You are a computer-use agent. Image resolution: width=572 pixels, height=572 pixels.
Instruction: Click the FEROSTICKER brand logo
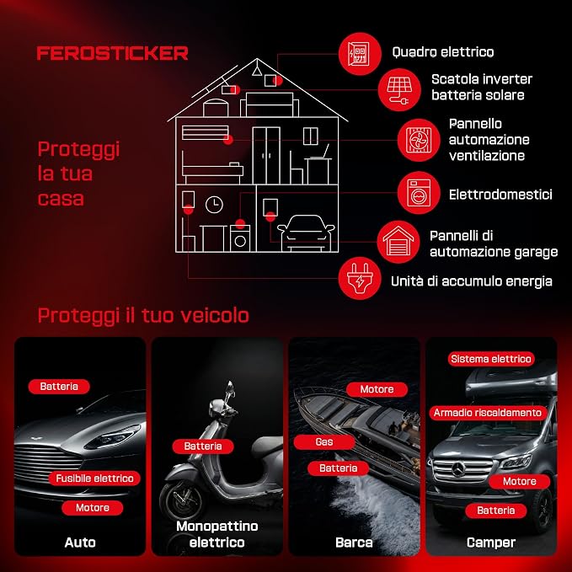tap(112, 53)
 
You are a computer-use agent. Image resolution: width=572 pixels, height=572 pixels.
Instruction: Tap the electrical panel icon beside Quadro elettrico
tap(360, 54)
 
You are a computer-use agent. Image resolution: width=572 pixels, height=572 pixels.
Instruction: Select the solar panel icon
tap(399, 89)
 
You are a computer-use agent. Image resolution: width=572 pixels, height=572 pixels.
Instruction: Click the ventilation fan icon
tap(419, 140)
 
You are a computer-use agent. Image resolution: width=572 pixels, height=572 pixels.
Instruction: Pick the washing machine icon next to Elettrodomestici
tap(419, 193)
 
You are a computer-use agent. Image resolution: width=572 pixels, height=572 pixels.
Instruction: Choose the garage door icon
tap(398, 242)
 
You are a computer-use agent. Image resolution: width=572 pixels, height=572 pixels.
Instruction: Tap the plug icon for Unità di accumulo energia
tap(360, 278)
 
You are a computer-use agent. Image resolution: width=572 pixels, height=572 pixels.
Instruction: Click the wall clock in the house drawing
tap(214, 205)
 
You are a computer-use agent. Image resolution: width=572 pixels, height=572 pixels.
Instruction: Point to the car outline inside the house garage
tap(306, 233)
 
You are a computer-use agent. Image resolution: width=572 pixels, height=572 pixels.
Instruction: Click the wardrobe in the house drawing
tap(266, 155)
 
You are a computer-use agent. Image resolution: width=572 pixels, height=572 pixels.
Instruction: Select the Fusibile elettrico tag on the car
tap(95, 478)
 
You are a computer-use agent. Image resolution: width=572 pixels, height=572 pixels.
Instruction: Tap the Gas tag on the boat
tap(324, 442)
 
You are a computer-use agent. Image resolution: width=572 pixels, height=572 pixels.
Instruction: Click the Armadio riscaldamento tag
tap(488, 413)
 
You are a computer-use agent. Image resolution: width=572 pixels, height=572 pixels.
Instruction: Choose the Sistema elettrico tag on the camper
tap(491, 359)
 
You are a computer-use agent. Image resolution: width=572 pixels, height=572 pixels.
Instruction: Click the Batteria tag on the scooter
tap(203, 446)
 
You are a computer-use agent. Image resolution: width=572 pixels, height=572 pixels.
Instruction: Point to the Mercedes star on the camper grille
tap(459, 469)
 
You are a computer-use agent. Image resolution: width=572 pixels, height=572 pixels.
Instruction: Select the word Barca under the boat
tap(354, 543)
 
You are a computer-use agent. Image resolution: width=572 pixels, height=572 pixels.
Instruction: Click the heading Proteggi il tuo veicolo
tap(143, 316)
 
